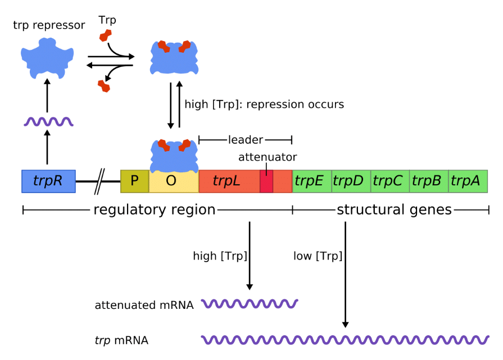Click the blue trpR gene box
[48, 181]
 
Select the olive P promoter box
[134, 181]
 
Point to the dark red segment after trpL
[266, 181]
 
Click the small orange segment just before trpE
[283, 181]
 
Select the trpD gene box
[351, 181]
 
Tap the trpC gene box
[389, 181]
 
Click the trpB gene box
[429, 181]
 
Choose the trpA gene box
[468, 181]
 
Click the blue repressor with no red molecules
[47, 57]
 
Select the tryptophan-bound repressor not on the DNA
[174, 58]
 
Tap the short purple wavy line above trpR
[48, 122]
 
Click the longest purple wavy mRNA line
[345, 340]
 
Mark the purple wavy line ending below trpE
[250, 304]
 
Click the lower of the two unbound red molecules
[103, 86]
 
